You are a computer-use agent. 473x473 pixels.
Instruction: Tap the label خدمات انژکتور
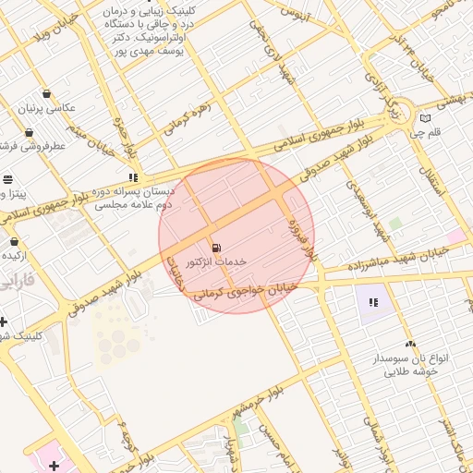tap(216, 262)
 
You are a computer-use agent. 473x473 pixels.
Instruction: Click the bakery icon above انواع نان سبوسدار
tap(409, 344)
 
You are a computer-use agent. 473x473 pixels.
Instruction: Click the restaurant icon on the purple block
tap(373, 302)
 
